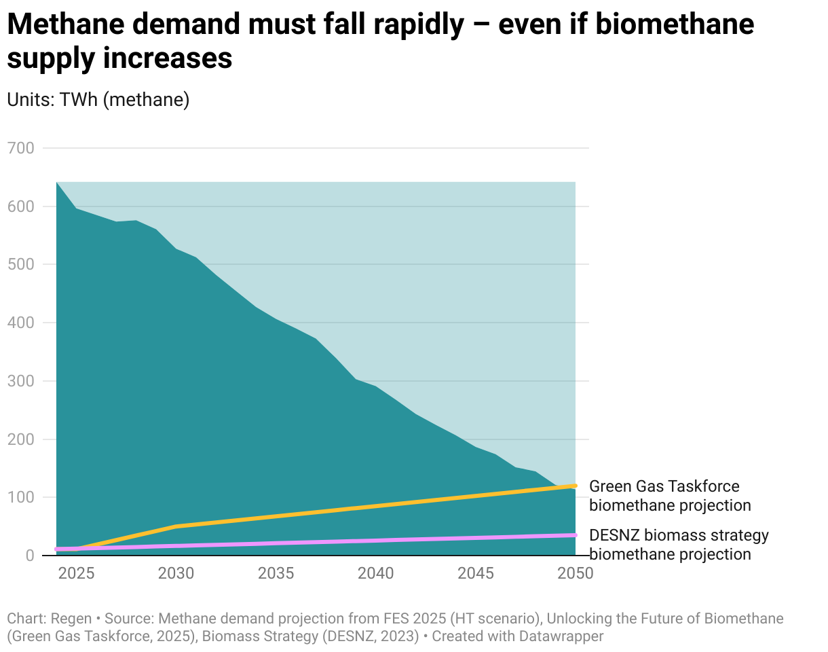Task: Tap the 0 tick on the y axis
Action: coord(29,556)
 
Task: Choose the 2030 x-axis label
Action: coord(176,573)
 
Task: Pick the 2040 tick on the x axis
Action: coord(376,573)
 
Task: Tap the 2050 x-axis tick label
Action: coord(576,573)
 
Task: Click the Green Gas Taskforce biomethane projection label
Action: coord(669,496)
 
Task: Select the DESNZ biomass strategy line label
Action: coord(678,545)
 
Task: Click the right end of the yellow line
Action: coord(576,486)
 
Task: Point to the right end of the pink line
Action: coord(576,535)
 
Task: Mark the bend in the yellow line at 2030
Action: coord(176,526)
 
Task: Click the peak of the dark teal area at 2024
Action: coord(56,182)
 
